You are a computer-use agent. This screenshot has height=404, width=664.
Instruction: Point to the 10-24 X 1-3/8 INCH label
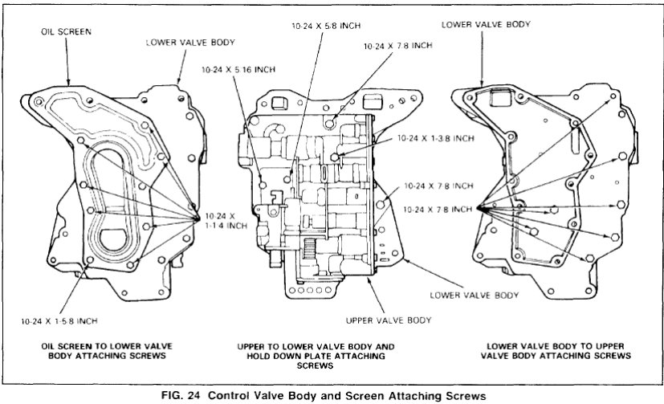tap(434, 138)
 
